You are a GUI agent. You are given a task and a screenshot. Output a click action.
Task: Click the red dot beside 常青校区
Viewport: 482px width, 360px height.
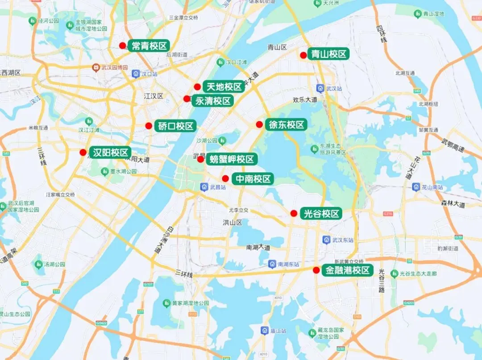[122, 46]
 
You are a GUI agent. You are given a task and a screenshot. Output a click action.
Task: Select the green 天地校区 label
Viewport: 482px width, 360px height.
[224, 87]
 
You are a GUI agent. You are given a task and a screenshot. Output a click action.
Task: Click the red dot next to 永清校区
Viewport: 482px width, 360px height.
[187, 99]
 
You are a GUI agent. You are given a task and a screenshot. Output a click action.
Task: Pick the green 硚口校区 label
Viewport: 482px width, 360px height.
[176, 126]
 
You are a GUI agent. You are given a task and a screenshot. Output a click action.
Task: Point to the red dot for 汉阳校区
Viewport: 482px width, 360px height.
[83, 153]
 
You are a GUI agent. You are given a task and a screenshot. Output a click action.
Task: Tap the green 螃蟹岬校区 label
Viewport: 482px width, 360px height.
[232, 159]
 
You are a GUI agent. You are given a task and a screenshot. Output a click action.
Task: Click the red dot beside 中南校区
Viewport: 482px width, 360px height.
[226, 178]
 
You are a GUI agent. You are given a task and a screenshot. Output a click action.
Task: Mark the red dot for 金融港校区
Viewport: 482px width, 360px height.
[316, 270]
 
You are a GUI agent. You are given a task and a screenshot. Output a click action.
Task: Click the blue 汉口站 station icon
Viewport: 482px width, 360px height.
[136, 74]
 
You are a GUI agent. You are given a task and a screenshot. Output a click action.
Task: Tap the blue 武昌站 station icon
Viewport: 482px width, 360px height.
[204, 187]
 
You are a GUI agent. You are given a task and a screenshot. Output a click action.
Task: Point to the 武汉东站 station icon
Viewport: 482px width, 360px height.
[326, 240]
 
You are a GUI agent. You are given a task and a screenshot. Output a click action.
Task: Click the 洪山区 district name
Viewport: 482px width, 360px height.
[233, 222]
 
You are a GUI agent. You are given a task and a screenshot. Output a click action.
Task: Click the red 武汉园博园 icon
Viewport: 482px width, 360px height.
[96, 67]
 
